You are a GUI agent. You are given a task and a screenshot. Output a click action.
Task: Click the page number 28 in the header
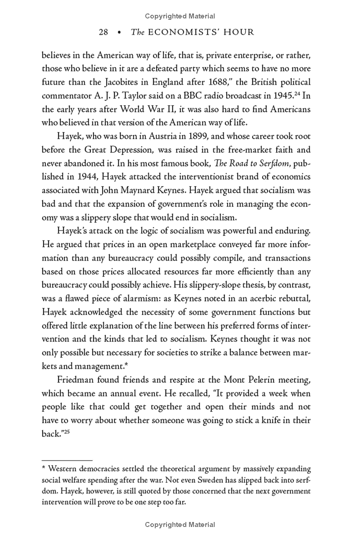point(103,32)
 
